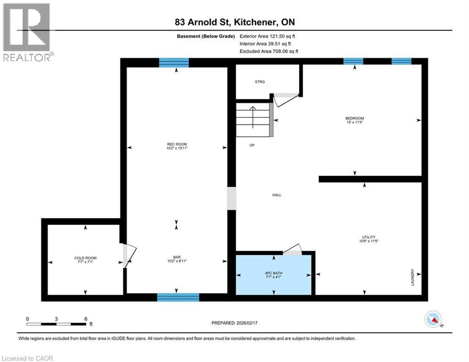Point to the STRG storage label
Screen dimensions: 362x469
coord(259,82)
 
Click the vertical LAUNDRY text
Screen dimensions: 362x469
coord(412,277)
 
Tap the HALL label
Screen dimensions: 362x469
coord(277,195)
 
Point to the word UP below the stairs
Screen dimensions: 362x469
coord(252,145)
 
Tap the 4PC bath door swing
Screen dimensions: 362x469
coord(294,249)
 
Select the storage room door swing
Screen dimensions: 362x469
coord(286,99)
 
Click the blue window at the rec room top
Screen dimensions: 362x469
coord(173,63)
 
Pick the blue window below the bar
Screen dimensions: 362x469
coord(178,297)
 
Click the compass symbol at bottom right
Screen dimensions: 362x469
coord(433,319)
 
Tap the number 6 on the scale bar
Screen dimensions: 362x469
coord(85,319)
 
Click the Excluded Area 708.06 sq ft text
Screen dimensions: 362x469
coord(269,51)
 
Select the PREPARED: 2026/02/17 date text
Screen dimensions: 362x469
coord(235,323)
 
